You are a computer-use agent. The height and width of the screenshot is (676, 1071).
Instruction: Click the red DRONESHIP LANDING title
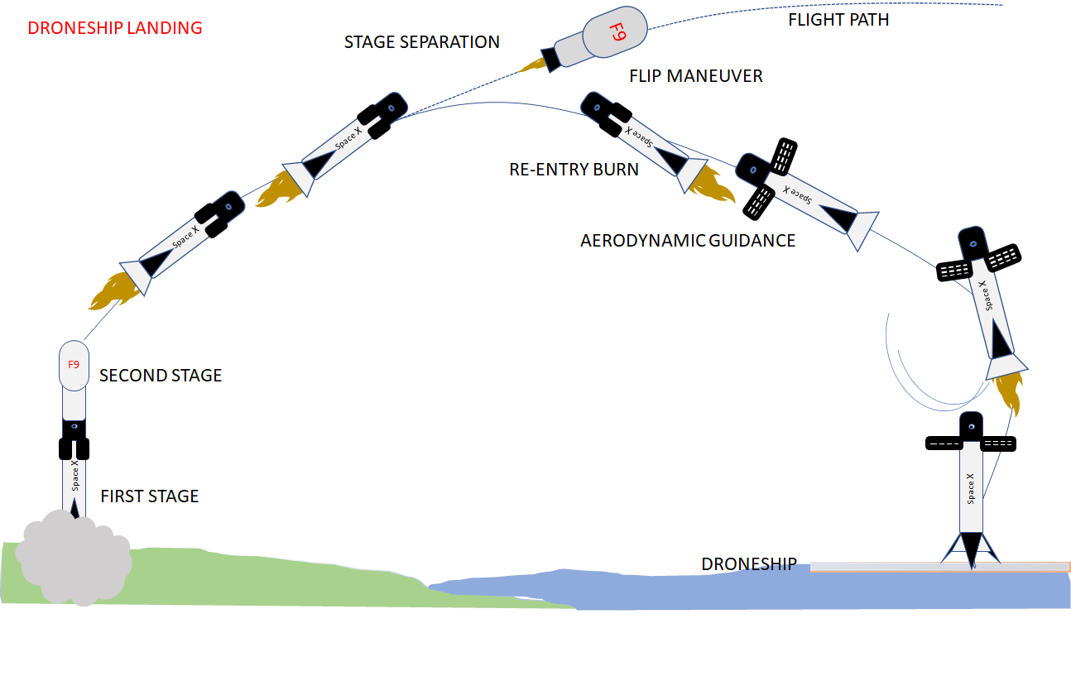[x=115, y=28]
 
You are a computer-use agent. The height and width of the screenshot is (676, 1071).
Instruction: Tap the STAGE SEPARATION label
[x=422, y=42]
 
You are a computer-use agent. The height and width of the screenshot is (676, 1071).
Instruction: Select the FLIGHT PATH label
[x=838, y=20]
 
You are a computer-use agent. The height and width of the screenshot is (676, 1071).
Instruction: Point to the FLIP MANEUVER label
[x=696, y=76]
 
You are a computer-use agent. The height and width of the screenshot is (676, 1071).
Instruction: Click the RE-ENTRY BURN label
[x=574, y=170]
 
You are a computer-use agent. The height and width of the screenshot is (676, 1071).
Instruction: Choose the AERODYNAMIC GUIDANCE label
[x=688, y=241]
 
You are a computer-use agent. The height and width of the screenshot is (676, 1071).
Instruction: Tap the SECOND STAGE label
[x=161, y=376]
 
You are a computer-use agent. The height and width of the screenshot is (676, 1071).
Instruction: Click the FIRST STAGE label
[x=150, y=496]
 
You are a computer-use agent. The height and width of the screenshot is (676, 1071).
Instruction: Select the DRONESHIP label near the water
[x=749, y=564]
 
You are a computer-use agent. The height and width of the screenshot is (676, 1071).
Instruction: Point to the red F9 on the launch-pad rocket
[x=74, y=364]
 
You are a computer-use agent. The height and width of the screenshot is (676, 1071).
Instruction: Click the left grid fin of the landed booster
[x=942, y=443]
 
